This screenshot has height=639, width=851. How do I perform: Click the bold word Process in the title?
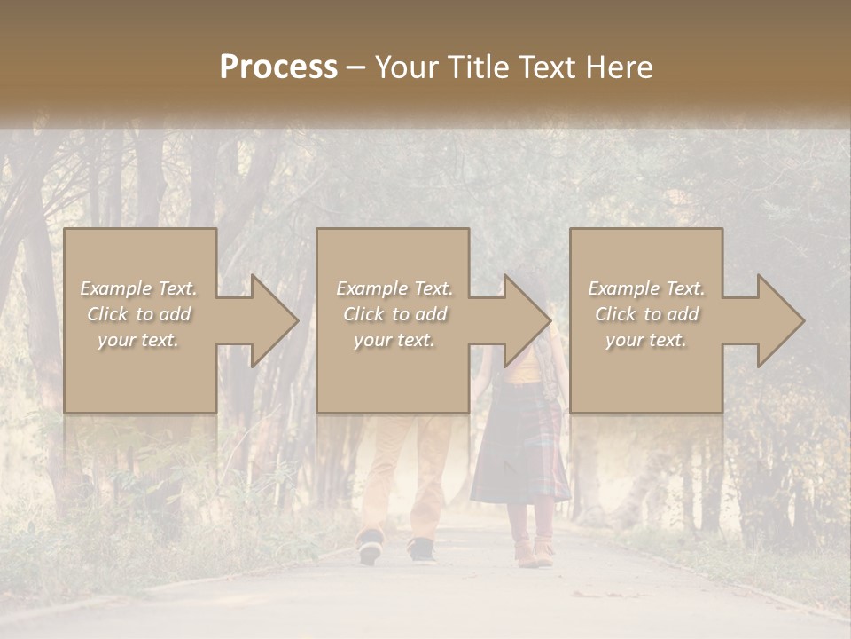pos(278,67)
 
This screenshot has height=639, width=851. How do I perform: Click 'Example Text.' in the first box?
pos(139,288)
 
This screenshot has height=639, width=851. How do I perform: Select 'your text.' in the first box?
pos(139,340)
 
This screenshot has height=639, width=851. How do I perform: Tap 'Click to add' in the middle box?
pos(394,314)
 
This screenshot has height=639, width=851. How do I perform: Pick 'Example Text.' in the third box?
pos(646,288)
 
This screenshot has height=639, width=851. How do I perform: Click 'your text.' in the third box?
pos(646,340)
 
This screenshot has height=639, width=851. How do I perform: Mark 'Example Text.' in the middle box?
pos(394,288)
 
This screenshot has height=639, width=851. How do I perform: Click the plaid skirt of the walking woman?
pos(519,453)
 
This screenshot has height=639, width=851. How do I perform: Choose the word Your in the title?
pos(404,67)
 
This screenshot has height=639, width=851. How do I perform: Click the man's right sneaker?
pos(422,550)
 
